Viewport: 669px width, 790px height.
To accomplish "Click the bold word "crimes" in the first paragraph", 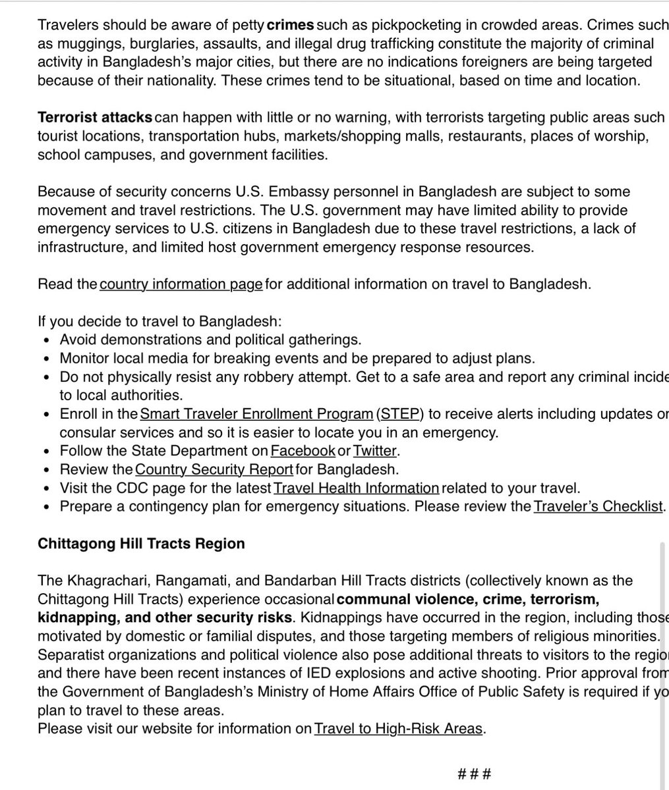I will pos(291,26).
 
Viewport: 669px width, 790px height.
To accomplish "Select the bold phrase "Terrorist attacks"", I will pos(95,117).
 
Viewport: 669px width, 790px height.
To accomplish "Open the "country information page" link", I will pos(181,284).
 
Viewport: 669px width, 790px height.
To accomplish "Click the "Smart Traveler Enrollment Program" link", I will pos(256,414).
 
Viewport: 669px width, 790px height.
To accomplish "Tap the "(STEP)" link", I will pos(399,414).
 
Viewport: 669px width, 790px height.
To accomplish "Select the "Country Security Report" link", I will pos(214,469).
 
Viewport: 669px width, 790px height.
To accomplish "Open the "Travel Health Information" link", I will pos(356,488).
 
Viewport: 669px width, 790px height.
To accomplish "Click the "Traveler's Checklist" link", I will pos(598,506).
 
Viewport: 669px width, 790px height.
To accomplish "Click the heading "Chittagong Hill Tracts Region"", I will pos(141,544).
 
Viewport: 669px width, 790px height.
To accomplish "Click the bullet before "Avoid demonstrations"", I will pos(45,340).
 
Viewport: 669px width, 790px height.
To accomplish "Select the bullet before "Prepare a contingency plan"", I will pos(45,507).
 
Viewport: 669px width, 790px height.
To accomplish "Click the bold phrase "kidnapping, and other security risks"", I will pos(164,618).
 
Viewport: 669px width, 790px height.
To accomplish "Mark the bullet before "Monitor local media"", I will pos(45,359).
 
